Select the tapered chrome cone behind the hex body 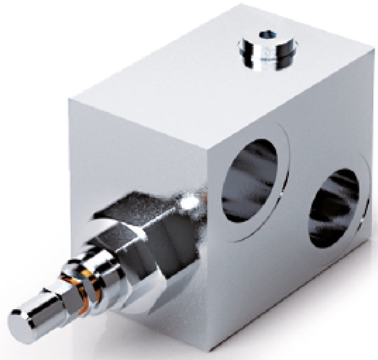point(174,227)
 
